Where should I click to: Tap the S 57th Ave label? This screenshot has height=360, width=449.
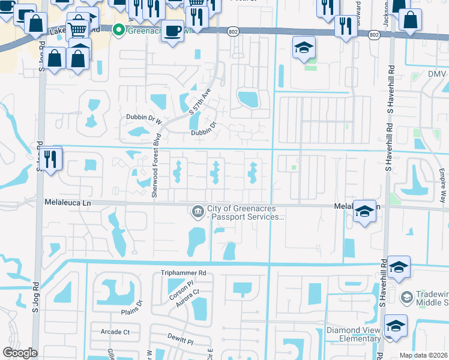[200, 103]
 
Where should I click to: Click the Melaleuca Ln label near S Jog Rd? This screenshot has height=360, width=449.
[67, 203]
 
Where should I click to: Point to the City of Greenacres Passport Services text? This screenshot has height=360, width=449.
[245, 212]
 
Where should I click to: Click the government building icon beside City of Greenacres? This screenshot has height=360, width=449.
[197, 211]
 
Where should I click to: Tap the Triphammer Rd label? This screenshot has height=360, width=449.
[183, 272]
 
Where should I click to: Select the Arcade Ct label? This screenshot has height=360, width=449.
[115, 332]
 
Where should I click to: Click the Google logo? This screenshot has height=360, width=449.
[20, 353]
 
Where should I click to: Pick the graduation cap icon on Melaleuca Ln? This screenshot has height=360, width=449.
[364, 211]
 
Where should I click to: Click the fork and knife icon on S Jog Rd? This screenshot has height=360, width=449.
[50, 159]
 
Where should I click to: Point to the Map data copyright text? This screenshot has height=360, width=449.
[424, 355]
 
